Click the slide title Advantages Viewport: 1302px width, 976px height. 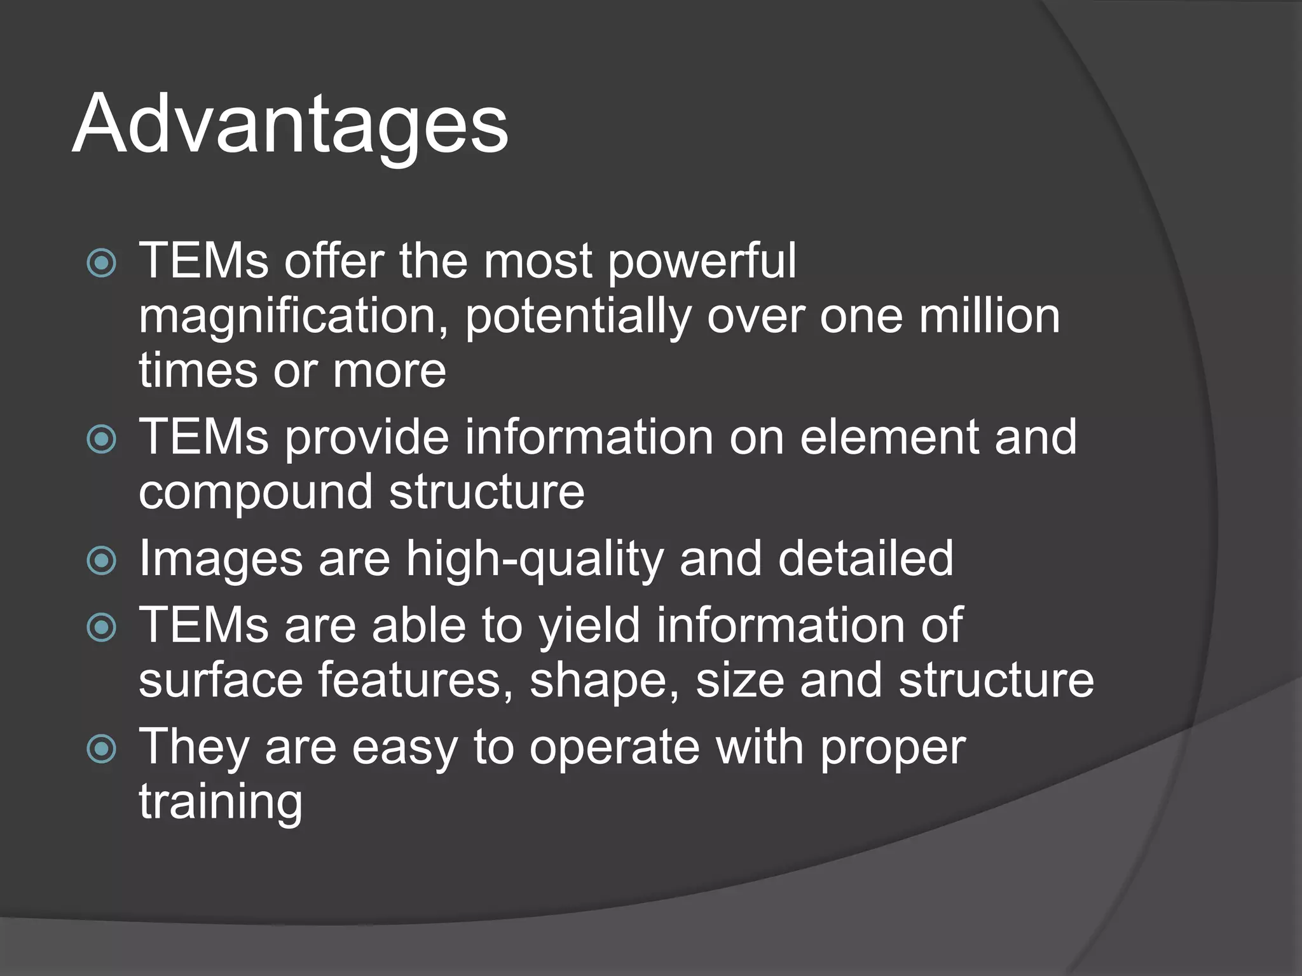tap(290, 125)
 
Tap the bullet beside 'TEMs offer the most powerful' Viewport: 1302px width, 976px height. tap(102, 262)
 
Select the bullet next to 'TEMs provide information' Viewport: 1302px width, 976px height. tap(102, 438)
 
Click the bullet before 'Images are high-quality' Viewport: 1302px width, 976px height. tap(102, 560)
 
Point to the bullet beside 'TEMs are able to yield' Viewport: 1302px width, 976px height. tap(102, 628)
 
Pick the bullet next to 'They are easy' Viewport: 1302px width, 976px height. tap(102, 749)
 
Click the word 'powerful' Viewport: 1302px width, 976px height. tap(702, 262)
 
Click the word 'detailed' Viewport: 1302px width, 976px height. tap(865, 559)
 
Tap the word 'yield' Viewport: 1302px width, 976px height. tap(589, 627)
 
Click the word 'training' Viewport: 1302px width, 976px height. tap(221, 803)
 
